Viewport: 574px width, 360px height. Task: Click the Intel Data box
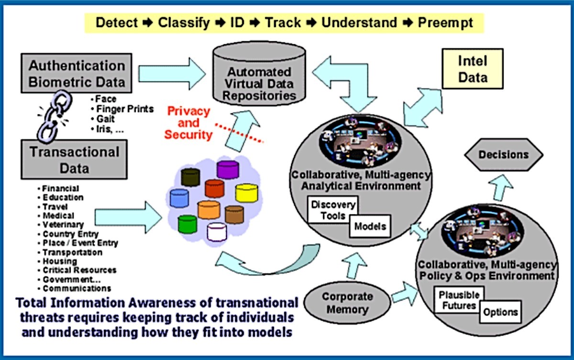pos(473,69)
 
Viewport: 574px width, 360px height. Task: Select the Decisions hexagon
pos(504,154)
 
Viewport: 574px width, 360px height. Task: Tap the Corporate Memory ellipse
pos(347,303)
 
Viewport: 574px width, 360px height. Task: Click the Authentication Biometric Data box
pos(77,73)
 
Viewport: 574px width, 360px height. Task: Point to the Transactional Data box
pos(74,159)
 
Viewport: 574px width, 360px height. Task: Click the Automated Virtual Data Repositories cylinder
pos(259,74)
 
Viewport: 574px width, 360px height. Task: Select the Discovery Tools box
pos(333,210)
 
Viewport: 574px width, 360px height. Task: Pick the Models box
pos(370,226)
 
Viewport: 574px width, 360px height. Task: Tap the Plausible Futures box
pos(459,300)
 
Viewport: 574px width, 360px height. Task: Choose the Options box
pos(500,312)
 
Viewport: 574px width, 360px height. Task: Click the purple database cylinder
pos(228,169)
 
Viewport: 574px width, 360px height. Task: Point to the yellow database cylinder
pos(246,193)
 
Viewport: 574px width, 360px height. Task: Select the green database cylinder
pos(188,224)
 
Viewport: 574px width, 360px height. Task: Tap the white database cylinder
pos(217,232)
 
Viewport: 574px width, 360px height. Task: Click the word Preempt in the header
pos(445,23)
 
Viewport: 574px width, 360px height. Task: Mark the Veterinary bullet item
pos(61,225)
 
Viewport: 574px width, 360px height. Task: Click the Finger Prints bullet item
pos(122,109)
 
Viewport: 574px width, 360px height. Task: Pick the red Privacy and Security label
pos(188,123)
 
